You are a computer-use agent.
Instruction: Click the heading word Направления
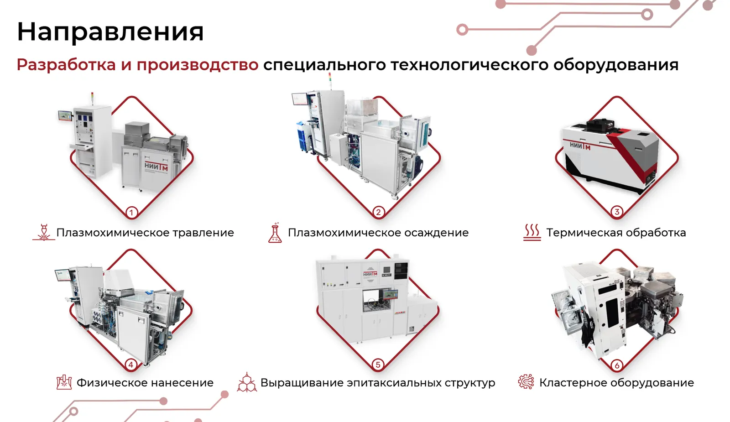110,32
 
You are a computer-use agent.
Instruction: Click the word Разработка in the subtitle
66,64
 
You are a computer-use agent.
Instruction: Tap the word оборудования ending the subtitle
616,64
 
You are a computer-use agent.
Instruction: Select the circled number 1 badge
131,213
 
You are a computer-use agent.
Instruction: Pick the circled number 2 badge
378,213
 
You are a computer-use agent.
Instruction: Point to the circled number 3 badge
616,212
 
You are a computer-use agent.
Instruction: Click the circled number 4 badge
130,365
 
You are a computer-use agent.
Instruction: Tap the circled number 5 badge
378,365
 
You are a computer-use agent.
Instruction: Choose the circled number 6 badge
616,365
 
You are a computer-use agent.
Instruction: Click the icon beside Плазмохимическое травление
44,232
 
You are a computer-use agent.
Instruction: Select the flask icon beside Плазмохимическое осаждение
275,233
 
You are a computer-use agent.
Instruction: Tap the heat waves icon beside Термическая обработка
532,232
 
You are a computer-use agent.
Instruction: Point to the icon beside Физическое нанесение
64,382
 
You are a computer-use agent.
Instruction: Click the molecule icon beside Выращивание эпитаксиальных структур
247,382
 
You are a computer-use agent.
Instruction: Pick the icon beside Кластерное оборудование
527,381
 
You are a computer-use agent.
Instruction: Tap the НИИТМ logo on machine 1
156,167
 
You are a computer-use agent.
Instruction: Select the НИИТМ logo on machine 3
580,146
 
